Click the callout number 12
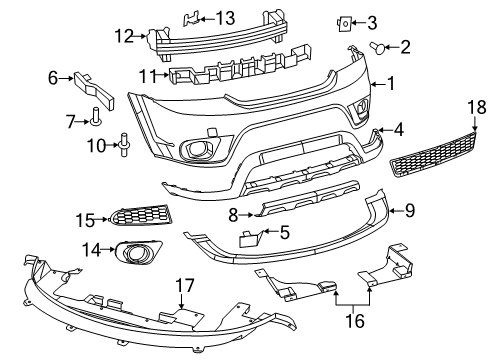[124, 37]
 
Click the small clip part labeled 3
[344, 21]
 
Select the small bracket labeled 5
[250, 237]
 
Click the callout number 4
[398, 128]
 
